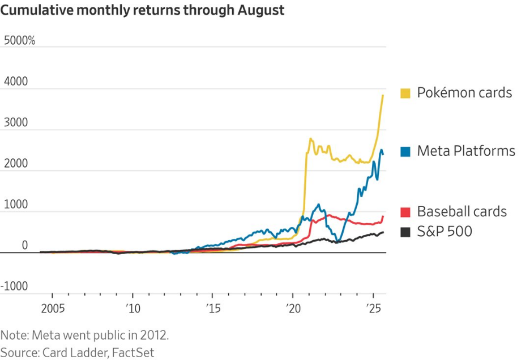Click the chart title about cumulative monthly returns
142,10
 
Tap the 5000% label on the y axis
19,41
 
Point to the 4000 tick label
16,82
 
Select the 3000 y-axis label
16,123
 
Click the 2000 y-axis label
16,164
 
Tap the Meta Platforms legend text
466,151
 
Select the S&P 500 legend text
444,231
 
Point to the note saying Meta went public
84,335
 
